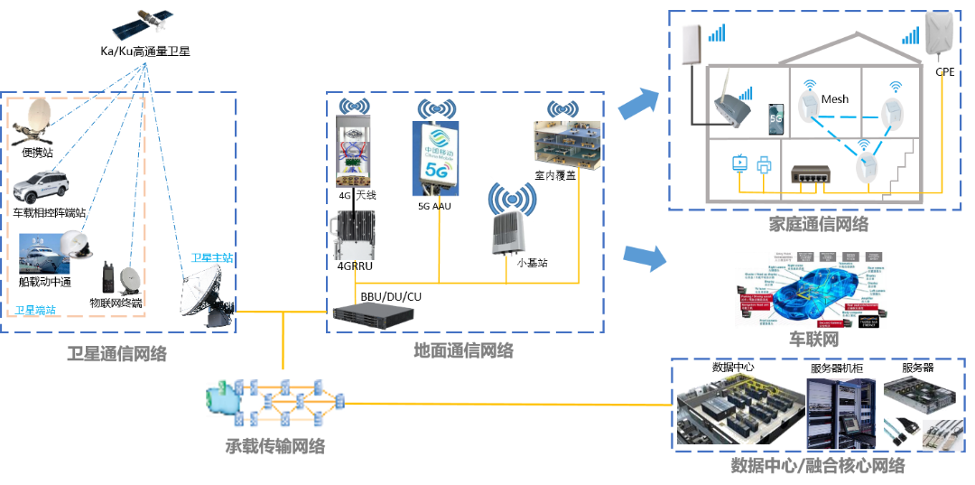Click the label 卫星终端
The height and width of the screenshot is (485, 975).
coord(35,310)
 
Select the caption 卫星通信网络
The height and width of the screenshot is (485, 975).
coord(116,354)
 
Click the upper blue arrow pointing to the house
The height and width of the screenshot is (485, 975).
coord(638,105)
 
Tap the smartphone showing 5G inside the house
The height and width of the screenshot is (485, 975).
coord(775,117)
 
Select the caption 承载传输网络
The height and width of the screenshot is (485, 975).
coord(274,445)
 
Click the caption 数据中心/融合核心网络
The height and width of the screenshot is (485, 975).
coord(817,466)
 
